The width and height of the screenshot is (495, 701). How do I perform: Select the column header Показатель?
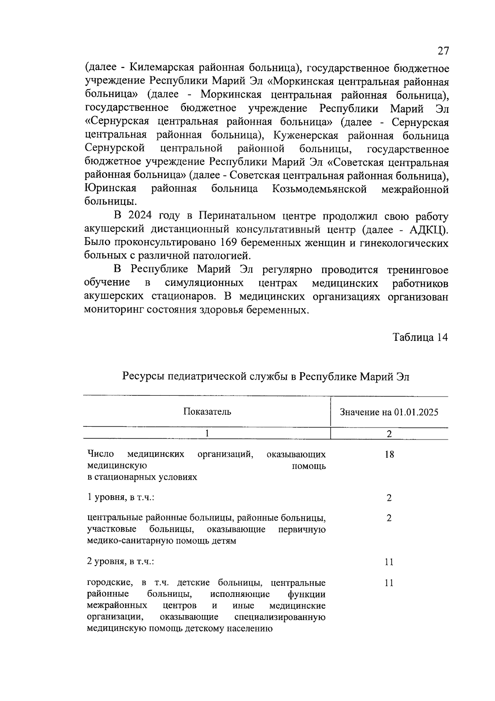[207, 411]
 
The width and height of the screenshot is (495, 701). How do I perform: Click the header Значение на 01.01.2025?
[389, 412]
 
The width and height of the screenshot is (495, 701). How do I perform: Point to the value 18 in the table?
[389, 455]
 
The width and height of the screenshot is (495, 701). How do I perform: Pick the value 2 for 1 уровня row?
[389, 498]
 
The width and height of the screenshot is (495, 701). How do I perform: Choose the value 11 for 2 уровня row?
[389, 562]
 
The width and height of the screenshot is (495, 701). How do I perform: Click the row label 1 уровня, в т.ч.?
[121, 497]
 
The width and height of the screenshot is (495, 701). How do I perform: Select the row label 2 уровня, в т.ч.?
[121, 561]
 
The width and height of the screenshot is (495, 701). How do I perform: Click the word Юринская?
[111, 189]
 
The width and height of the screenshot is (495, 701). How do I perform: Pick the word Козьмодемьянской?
[320, 189]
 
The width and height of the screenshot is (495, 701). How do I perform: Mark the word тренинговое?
[417, 270]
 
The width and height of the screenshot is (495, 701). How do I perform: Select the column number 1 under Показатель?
[207, 433]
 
